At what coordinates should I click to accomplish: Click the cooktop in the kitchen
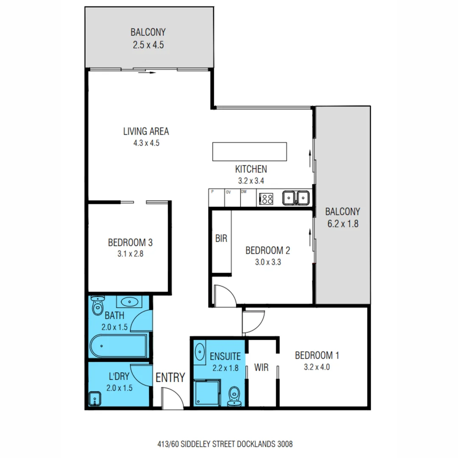266,198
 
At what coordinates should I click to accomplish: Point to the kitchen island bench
249,151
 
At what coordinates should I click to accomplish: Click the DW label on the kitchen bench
244,192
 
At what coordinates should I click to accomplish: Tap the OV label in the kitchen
228,192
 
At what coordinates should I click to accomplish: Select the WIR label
262,367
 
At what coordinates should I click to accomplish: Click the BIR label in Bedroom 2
221,239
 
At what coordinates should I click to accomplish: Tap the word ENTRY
170,377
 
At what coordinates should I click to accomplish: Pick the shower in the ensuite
207,392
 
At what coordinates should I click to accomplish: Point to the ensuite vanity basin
200,352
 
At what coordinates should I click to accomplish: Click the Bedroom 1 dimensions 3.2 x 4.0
317,367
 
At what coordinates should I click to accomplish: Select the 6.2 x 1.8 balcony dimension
343,223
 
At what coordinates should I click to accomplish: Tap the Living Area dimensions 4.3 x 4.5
146,143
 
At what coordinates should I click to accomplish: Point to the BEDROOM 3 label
130,243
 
